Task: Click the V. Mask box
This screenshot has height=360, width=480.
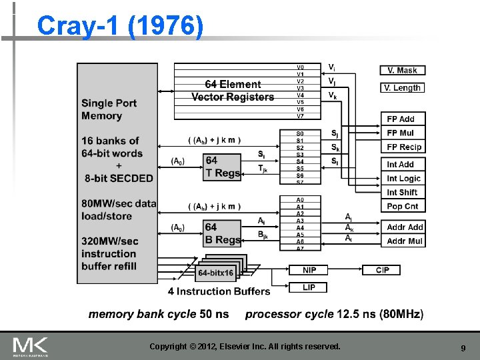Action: [403, 70]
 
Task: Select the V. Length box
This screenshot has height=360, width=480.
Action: [403, 87]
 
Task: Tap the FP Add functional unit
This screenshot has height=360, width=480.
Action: [403, 119]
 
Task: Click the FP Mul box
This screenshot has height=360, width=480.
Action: [403, 133]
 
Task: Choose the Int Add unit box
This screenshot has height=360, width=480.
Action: [403, 164]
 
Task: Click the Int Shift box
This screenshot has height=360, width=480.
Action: [403, 192]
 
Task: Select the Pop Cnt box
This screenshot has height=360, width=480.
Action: [403, 207]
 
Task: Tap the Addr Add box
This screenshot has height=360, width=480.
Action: [405, 227]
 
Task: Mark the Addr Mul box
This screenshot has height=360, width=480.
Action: [405, 241]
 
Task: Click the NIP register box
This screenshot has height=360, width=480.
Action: [309, 270]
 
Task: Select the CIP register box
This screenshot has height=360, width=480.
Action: [382, 270]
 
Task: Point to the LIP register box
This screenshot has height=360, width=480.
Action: [309, 287]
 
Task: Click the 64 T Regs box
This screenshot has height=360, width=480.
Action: [222, 167]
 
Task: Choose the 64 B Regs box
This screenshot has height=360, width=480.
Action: [222, 233]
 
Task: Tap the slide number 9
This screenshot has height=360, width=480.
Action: [463, 348]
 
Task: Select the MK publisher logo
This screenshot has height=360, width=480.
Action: [31, 347]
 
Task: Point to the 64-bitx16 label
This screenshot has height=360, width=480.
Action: [215, 273]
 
